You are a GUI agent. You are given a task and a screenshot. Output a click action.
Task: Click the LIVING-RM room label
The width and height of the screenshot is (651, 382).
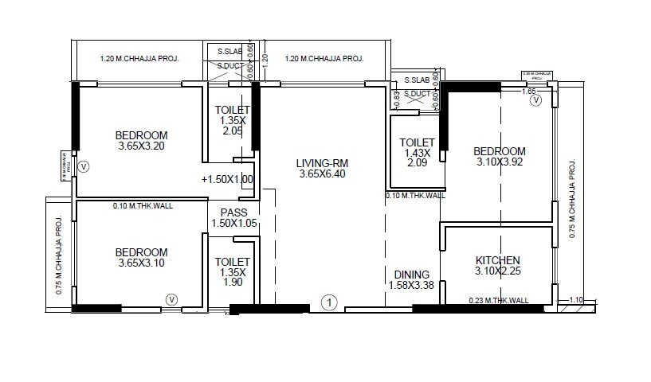point(324,162)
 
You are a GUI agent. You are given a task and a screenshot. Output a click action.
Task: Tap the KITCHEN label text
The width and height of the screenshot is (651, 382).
point(497,260)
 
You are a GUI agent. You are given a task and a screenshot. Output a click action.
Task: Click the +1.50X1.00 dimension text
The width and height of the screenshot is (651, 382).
point(227,180)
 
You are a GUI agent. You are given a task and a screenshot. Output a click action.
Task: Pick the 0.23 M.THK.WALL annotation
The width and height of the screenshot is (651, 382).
point(498,300)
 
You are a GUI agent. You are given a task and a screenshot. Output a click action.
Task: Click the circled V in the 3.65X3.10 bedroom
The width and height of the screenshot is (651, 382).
point(171,299)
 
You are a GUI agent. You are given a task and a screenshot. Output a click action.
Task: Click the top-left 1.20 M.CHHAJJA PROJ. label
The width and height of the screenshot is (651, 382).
point(139,59)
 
